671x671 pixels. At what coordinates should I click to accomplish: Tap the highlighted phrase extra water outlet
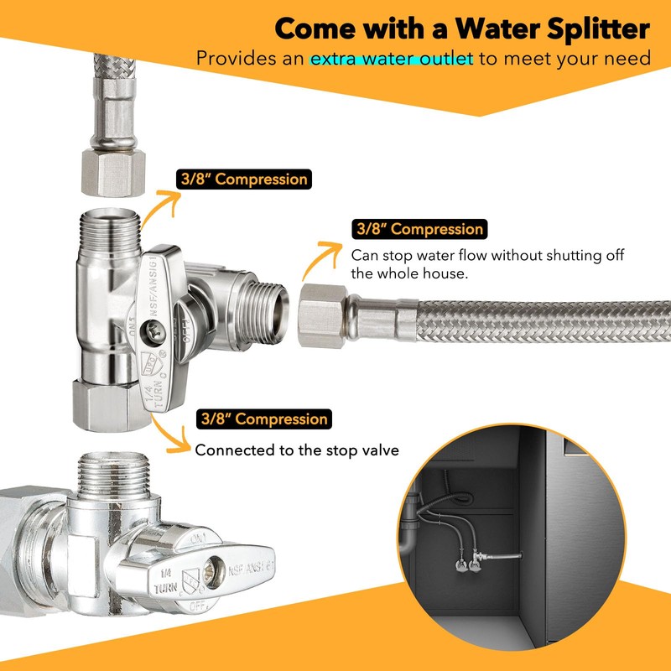point(392,60)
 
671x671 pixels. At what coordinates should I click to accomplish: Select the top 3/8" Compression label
point(242,179)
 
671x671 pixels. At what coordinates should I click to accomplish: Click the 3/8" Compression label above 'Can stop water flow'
point(419,229)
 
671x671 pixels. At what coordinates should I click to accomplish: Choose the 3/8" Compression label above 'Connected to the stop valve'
point(262,419)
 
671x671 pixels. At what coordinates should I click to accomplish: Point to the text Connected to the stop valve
point(296,450)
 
